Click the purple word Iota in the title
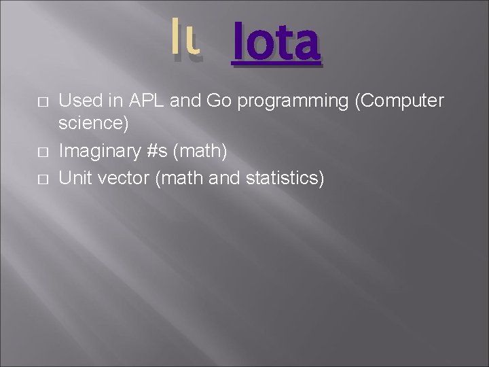pos(275,43)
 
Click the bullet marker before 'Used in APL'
pos(41,102)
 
